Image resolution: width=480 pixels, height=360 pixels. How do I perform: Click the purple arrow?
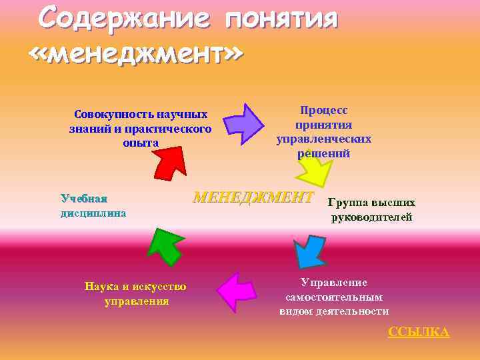(x=243, y=123)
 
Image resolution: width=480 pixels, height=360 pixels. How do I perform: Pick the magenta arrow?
(x=237, y=291)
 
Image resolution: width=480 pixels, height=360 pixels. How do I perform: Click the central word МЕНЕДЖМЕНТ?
(x=253, y=197)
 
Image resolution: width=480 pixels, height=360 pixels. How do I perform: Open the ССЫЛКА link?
(x=419, y=332)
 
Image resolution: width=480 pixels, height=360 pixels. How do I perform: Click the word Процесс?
(x=324, y=111)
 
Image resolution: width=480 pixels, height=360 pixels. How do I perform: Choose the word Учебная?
(x=84, y=198)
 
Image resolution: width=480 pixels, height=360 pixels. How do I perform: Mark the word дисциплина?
(x=93, y=213)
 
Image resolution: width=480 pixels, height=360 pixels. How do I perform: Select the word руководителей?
(x=372, y=217)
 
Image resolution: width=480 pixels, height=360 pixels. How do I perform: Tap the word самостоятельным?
(x=334, y=297)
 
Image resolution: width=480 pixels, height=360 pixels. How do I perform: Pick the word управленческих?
(x=324, y=139)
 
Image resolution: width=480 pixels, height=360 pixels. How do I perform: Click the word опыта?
(x=141, y=143)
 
